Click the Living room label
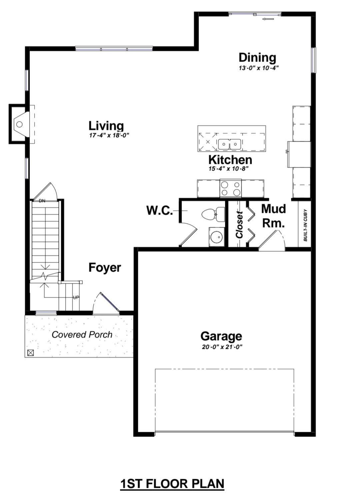pos(106,126)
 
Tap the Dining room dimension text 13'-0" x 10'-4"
pos(259,68)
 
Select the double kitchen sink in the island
pos(230,144)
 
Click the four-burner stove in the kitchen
pos(230,188)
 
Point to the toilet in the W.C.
pos(213,215)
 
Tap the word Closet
pos(239,225)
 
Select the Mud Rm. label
pos(273,216)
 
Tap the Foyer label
pos(105,268)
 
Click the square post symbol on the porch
pos(31,353)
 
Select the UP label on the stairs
pos(76,298)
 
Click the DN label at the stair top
pos(42,201)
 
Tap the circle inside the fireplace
pos(20,124)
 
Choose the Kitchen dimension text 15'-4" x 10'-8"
pos(228,169)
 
